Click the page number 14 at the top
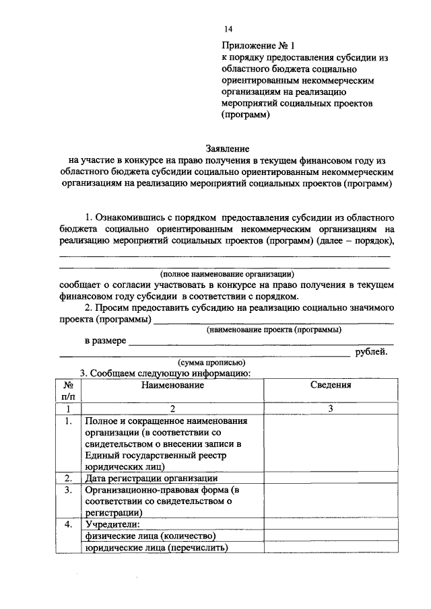click(x=228, y=29)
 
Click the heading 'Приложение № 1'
click(x=259, y=46)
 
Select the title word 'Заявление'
click(x=228, y=148)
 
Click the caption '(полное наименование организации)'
click(x=228, y=275)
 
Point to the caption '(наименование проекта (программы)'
click(x=273, y=330)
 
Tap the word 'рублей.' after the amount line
click(x=371, y=351)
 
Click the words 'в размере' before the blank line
click(x=104, y=341)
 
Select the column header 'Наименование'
click(x=172, y=385)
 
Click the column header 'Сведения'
click(x=331, y=385)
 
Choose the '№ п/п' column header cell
click(x=68, y=391)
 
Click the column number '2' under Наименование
click(x=172, y=409)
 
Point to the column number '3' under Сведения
click(x=331, y=409)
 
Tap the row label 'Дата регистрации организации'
click(x=151, y=478)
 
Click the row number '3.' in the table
click(x=68, y=491)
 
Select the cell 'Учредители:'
click(x=112, y=524)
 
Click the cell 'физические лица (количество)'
click(x=150, y=536)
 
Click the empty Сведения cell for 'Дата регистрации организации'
click(x=331, y=478)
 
